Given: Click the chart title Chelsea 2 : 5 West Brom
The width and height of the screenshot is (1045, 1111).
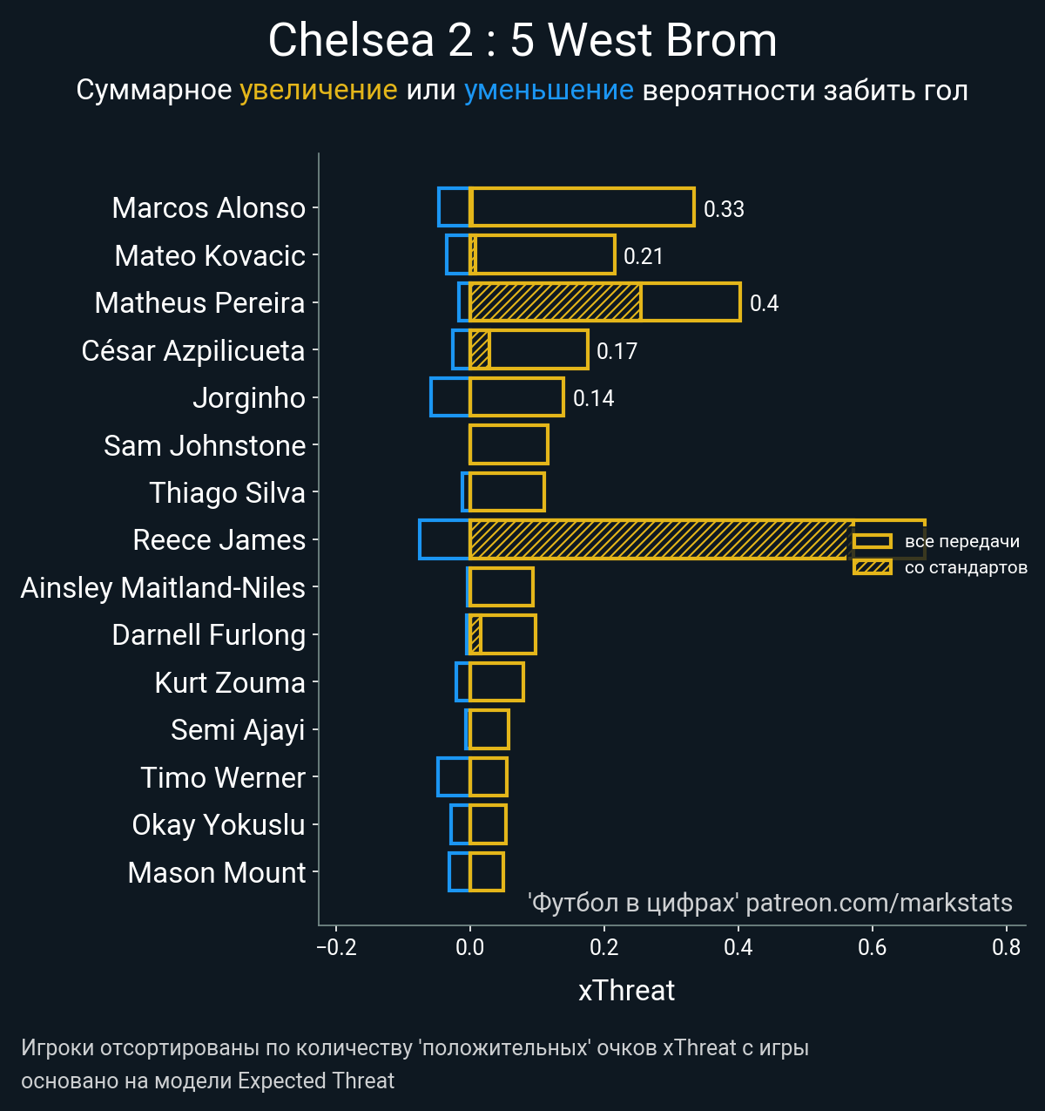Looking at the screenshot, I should point(522,40).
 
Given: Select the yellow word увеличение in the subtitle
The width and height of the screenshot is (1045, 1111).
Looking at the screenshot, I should point(318,91).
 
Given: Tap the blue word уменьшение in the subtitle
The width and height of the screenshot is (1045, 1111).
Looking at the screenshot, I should point(549,91).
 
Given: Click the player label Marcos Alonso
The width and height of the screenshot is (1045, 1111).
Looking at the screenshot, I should point(209,208).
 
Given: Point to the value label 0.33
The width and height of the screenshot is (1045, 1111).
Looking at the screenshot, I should point(724,209).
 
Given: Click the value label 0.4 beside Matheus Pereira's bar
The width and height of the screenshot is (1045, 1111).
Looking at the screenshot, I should point(764,303).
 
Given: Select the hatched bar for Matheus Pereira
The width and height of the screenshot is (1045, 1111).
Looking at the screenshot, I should point(555,302).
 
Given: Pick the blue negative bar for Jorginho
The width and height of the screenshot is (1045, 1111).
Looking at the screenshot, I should point(450,397).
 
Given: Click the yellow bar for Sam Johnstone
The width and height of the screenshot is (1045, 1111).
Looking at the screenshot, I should point(509,444).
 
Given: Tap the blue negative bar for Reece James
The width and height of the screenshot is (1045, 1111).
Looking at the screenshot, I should point(444,539).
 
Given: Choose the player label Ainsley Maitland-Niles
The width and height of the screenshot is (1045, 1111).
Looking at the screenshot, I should point(163,587).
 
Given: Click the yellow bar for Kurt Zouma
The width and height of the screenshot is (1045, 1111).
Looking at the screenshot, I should point(496,682).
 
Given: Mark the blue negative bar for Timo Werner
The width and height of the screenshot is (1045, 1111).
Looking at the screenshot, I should point(453,777).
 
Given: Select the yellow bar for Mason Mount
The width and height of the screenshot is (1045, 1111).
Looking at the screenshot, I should point(486,872).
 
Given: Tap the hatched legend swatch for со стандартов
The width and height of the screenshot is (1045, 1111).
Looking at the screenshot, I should point(872,568).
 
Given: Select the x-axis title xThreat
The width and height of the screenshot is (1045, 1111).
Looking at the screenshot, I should point(626,991).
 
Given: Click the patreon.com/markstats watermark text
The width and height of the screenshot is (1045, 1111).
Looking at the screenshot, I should point(879,903).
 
